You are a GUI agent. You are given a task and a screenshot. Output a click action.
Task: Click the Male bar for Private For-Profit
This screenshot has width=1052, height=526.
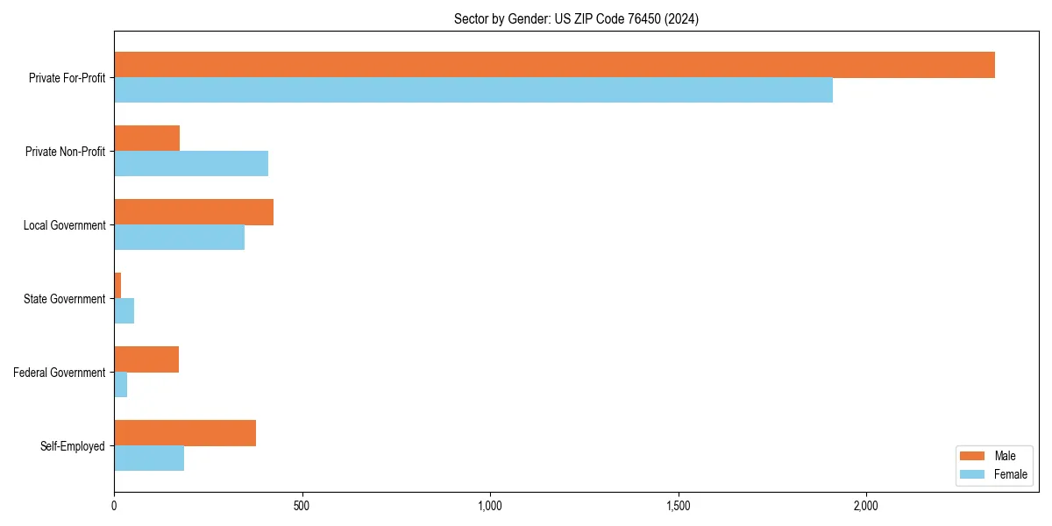[554, 65]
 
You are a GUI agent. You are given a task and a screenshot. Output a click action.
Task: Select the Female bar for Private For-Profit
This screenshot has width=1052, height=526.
[473, 89]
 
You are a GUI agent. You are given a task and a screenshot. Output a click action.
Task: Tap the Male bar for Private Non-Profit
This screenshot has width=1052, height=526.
[146, 139]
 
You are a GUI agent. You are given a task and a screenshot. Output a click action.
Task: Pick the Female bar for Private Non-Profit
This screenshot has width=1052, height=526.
[191, 163]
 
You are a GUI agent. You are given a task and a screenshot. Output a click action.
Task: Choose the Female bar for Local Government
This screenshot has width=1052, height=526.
[179, 237]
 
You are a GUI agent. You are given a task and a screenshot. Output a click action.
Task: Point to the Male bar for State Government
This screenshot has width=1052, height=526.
[117, 286]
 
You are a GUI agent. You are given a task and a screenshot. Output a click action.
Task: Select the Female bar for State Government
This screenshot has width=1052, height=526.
[124, 310]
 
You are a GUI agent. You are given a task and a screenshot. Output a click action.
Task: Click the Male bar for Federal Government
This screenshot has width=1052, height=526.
[146, 359]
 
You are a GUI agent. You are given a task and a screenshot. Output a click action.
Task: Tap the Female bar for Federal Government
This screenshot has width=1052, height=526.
[120, 384]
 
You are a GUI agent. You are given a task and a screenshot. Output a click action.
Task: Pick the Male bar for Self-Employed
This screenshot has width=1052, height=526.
[185, 433]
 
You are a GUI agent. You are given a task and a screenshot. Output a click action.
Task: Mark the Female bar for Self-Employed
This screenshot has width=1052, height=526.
[149, 458]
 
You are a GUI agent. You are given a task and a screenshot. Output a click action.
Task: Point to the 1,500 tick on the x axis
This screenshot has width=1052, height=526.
[678, 506]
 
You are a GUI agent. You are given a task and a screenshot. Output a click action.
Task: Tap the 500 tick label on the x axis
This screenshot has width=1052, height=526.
[302, 506]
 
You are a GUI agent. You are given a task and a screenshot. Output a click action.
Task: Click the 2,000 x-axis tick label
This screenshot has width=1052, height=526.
[865, 506]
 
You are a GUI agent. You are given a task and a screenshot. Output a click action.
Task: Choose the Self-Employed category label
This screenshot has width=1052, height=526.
[72, 446]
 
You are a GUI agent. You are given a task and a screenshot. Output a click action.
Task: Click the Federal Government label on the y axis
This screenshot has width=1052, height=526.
[60, 373]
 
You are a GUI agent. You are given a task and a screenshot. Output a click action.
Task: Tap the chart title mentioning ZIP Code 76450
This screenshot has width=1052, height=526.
[576, 18]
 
